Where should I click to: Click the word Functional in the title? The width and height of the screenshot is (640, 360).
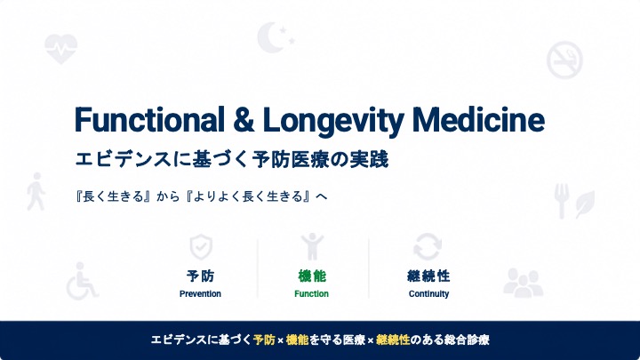click(x=149, y=120)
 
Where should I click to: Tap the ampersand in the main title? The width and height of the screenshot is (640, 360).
click(x=244, y=120)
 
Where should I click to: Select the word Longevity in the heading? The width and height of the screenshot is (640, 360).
click(x=333, y=121)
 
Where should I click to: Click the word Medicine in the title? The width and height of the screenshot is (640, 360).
click(x=478, y=120)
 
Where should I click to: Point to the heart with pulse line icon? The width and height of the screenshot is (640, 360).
click(x=60, y=49)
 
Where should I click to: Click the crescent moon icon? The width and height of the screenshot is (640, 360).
click(x=275, y=37)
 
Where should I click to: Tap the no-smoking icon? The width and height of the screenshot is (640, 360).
click(x=564, y=60)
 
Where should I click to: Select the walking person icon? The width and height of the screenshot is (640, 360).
click(x=36, y=191)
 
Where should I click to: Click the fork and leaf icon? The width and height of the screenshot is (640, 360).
click(x=574, y=201)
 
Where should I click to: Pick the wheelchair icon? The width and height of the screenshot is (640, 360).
click(x=82, y=281)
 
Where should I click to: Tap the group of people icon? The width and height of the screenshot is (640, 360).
click(x=523, y=282)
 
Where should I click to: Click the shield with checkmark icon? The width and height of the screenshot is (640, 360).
click(x=201, y=247)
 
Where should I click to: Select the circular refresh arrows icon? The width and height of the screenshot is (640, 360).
click(x=428, y=246)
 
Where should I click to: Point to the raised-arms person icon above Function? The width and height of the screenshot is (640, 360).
click(x=312, y=246)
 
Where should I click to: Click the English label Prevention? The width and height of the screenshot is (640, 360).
click(x=200, y=294)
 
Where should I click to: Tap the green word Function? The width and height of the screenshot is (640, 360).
click(x=311, y=294)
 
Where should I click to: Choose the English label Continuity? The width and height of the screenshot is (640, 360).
click(x=428, y=294)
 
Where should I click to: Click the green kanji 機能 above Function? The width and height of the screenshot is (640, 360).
click(x=312, y=276)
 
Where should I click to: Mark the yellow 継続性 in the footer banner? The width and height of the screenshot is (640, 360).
click(x=393, y=340)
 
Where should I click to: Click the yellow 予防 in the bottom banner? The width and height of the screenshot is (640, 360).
click(x=264, y=340)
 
